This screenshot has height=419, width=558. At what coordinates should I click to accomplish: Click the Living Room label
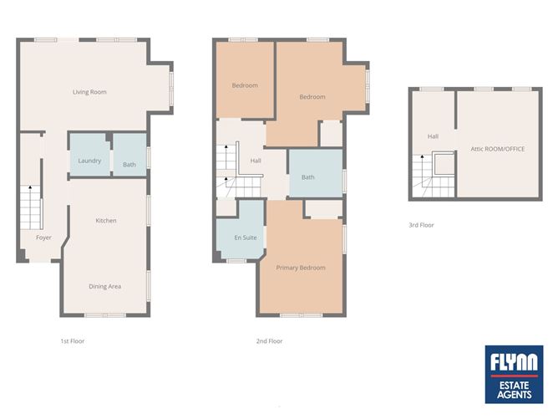(89, 92)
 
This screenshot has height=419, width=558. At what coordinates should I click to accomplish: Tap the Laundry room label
(89, 161)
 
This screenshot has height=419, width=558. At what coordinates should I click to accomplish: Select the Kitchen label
(106, 221)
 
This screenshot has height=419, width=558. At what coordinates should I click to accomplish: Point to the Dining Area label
(105, 287)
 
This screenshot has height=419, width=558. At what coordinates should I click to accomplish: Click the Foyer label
(43, 238)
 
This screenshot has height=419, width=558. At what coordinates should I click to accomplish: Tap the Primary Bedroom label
(301, 268)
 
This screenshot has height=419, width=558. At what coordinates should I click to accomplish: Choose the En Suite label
(245, 238)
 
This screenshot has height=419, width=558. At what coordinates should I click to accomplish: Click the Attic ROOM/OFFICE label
(497, 149)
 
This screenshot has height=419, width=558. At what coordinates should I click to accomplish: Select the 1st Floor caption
(73, 341)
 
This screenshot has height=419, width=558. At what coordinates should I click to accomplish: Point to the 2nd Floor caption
(270, 341)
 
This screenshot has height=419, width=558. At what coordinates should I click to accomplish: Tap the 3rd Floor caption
(421, 225)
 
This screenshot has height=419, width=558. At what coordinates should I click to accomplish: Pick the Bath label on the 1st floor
(129, 165)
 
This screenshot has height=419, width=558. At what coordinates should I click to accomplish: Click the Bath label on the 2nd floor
(308, 177)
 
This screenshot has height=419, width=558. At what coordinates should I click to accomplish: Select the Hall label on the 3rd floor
(433, 136)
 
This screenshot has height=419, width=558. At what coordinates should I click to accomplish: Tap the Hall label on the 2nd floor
(256, 161)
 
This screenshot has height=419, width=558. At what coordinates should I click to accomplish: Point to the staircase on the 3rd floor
(434, 171)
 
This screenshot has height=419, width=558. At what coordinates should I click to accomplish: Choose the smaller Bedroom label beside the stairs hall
(245, 85)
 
